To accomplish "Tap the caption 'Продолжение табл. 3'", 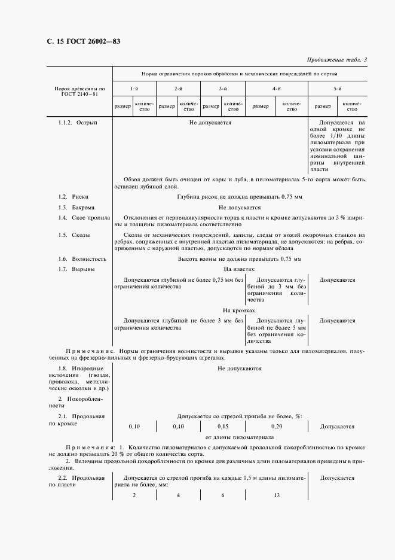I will [x=338, y=59].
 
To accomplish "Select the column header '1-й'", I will [x=134, y=89].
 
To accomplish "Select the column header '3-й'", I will [x=222, y=89].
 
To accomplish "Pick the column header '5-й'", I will [x=338, y=89].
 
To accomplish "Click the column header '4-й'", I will [x=277, y=89].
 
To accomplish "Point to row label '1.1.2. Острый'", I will [x=78, y=122].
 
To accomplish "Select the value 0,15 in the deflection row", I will [x=222, y=427].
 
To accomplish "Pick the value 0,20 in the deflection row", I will [x=277, y=427].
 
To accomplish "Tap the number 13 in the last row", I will [x=277, y=496].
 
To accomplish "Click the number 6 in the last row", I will [x=222, y=496].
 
